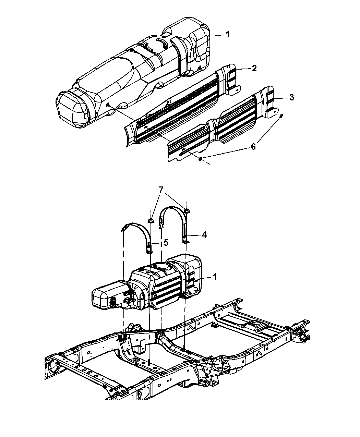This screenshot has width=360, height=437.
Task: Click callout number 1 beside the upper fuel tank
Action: click(227, 34)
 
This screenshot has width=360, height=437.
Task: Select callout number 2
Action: click(254, 68)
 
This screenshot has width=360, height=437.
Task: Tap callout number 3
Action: click(291, 97)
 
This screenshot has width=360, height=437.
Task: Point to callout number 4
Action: click(204, 235)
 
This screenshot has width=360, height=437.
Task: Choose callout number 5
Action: click(166, 243)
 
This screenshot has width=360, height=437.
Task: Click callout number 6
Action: click(253, 147)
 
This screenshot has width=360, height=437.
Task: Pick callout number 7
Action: click(160, 190)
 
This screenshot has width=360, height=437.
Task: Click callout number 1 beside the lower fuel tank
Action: click(214, 277)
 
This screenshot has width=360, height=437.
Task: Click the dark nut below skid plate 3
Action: click(200, 159)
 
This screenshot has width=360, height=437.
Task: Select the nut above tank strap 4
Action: click(186, 210)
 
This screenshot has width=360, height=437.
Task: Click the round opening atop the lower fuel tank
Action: click(160, 266)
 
